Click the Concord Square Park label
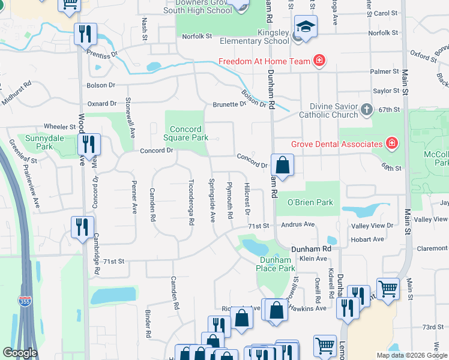click(189, 133)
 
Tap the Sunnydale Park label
click(40, 142)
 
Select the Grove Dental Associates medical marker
click(392, 143)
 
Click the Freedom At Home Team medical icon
click(320, 61)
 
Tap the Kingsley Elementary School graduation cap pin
click(306, 27)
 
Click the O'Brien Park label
click(310, 202)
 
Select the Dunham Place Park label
click(277, 264)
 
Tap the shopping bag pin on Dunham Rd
click(282, 164)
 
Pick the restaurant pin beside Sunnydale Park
click(89, 144)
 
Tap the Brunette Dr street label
click(229, 104)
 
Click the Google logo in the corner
click(20, 353)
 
